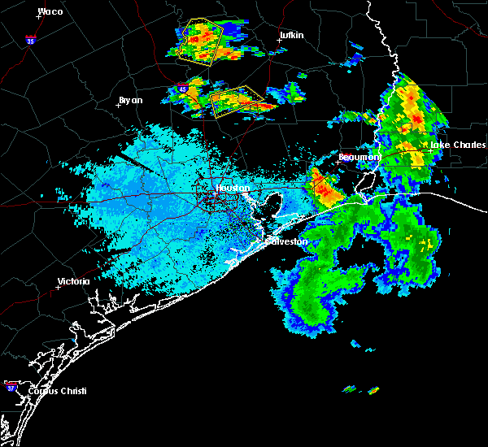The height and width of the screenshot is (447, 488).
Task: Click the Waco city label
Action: [x=50, y=11]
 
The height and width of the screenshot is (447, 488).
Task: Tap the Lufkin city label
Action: [x=291, y=36]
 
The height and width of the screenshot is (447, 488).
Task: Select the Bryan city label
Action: [x=130, y=100]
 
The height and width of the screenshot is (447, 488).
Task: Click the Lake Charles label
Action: [x=451, y=145]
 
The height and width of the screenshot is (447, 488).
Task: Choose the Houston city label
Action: [x=232, y=189]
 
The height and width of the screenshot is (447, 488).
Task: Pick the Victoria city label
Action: [x=73, y=282]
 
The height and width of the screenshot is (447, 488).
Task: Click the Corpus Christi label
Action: [x=56, y=391]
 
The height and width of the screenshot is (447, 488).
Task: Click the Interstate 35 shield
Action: [x=30, y=39]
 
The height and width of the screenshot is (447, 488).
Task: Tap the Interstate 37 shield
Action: [x=11, y=384]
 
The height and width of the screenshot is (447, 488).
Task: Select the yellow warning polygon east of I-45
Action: [x=237, y=100]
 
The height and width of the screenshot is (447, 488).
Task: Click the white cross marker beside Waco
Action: [x=37, y=16]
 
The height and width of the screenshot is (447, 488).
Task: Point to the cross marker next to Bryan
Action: [x=119, y=105]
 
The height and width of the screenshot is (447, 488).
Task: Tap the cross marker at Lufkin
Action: [x=279, y=41]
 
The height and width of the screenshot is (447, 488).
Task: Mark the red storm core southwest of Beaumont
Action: [x=327, y=192]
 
